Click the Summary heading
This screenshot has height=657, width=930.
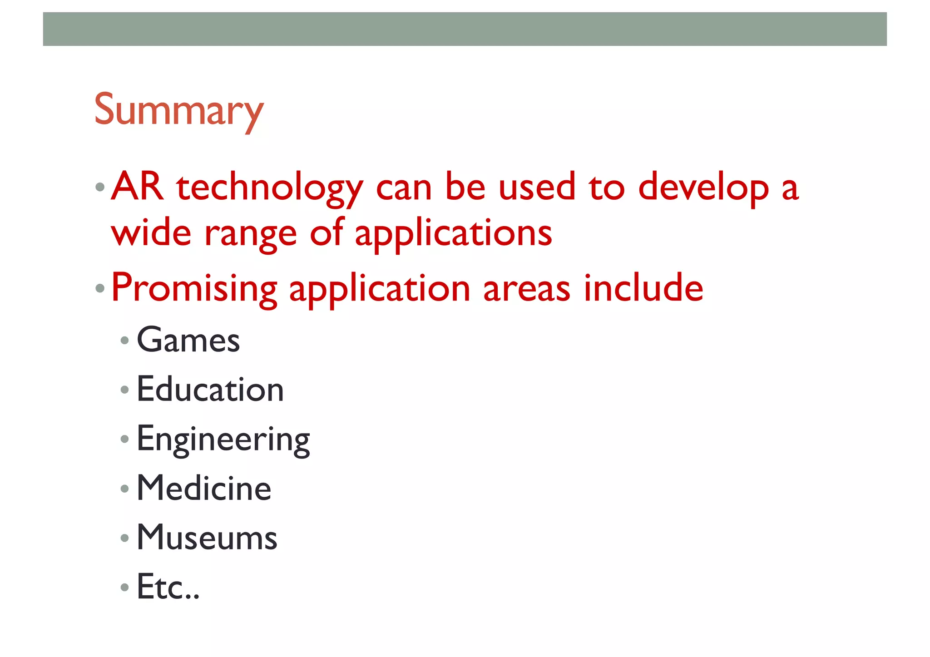click(178, 110)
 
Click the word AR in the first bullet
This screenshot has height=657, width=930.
click(137, 187)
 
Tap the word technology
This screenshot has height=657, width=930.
click(270, 188)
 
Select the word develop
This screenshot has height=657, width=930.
click(703, 188)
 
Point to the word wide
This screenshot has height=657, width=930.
click(151, 233)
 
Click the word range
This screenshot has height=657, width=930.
click(251, 235)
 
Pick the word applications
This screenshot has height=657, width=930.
click(453, 234)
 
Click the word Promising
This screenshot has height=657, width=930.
click(194, 289)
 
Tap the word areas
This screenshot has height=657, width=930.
click(526, 289)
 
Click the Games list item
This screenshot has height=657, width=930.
click(188, 340)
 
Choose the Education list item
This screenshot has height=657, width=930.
click(210, 390)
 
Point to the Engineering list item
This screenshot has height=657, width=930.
click(223, 440)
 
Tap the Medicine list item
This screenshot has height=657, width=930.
click(204, 489)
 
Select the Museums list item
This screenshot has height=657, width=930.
click(207, 538)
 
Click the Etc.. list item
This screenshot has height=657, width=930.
click(168, 587)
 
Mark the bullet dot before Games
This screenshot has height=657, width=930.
click(124, 341)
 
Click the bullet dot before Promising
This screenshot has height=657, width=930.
click(100, 288)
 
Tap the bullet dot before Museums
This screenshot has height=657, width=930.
click(124, 538)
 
